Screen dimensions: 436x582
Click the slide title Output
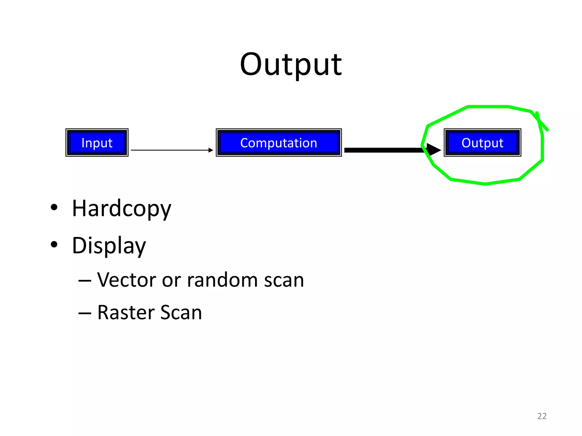click(291, 65)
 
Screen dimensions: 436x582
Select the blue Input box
click(97, 142)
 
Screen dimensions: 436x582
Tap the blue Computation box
click(278, 142)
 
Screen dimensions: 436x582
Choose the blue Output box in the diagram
click(482, 142)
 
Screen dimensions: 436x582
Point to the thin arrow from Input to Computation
click(171, 150)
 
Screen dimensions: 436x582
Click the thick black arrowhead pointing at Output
click(433, 150)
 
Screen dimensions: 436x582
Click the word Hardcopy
click(122, 209)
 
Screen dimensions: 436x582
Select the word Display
click(109, 246)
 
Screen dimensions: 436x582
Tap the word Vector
click(126, 280)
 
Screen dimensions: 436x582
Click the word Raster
click(126, 312)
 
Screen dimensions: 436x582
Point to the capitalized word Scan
click(181, 312)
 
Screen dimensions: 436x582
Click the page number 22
click(542, 416)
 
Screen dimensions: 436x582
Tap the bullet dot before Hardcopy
click(54, 207)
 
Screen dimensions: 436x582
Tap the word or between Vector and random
click(171, 280)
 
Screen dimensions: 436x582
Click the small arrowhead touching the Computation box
click(211, 150)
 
